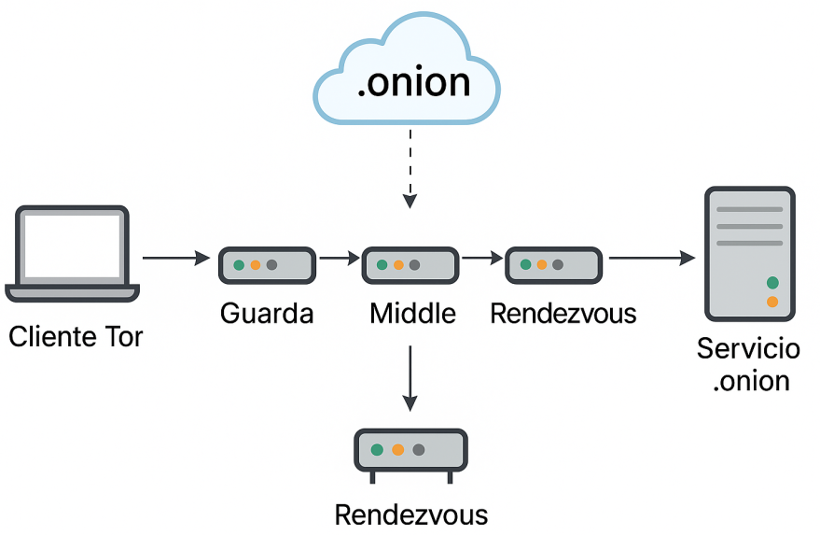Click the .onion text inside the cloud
[413, 83]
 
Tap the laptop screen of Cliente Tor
[72, 246]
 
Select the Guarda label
[267, 313]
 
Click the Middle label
[412, 313]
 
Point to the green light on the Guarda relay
[239, 265]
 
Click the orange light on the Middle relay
[398, 265]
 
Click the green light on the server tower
[772, 282]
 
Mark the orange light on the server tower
[772, 302]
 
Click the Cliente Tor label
[76, 336]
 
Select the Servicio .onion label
[749, 364]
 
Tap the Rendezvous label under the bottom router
[411, 515]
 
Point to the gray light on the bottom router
[419, 450]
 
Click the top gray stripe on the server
[749, 209]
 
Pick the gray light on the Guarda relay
[271, 265]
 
